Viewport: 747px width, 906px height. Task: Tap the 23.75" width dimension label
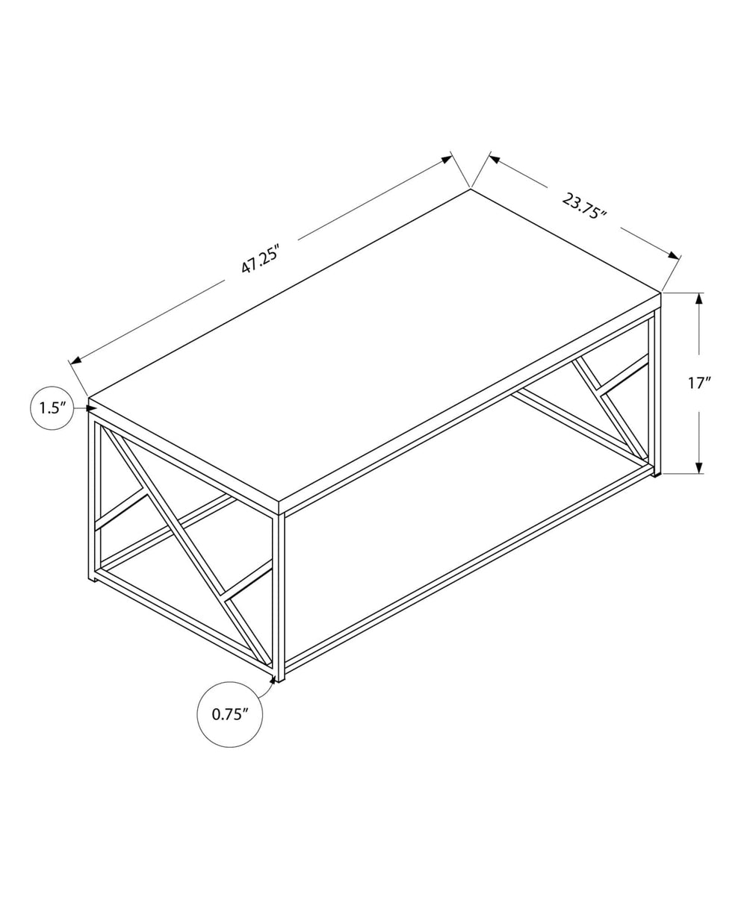coord(583,205)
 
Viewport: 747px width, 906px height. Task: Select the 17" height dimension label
coord(699,384)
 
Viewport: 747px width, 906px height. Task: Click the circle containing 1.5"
coord(52,408)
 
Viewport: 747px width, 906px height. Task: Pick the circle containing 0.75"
coord(229,714)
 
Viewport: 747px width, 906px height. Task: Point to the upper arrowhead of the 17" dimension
coord(699,299)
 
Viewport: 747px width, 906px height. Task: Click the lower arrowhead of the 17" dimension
coord(699,467)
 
